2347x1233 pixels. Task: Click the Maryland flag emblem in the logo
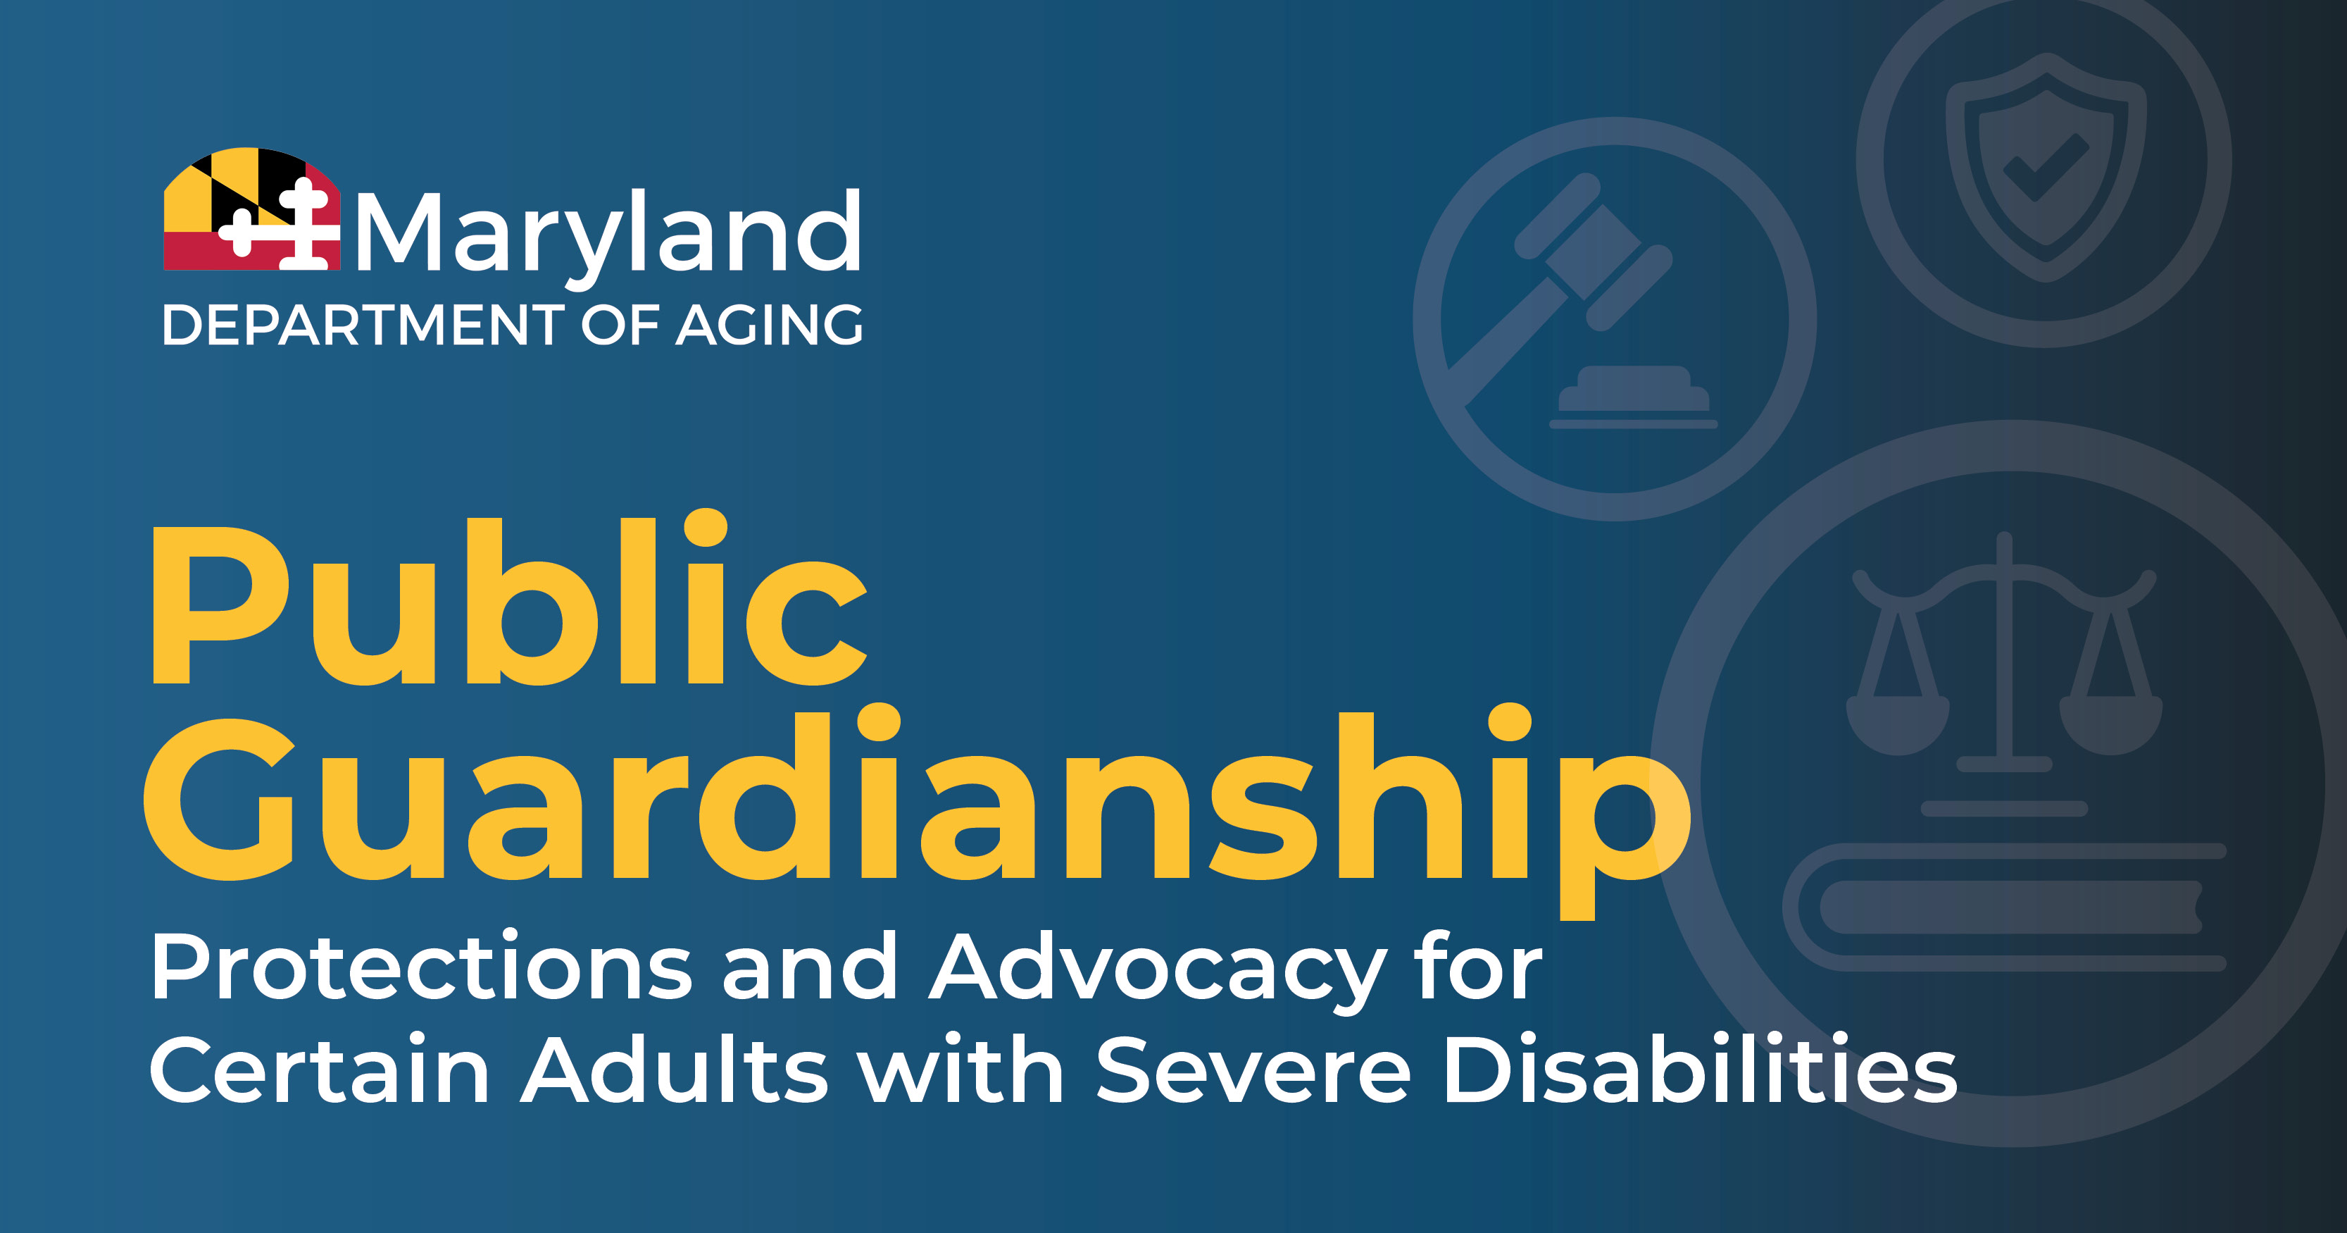(x=251, y=209)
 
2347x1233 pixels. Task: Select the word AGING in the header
(x=769, y=326)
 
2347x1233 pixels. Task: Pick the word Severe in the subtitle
(x=1253, y=1070)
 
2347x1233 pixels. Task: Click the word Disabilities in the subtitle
(x=1700, y=1068)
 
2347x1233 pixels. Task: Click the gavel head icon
(x=1594, y=251)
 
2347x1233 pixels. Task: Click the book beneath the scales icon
(x=2005, y=907)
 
